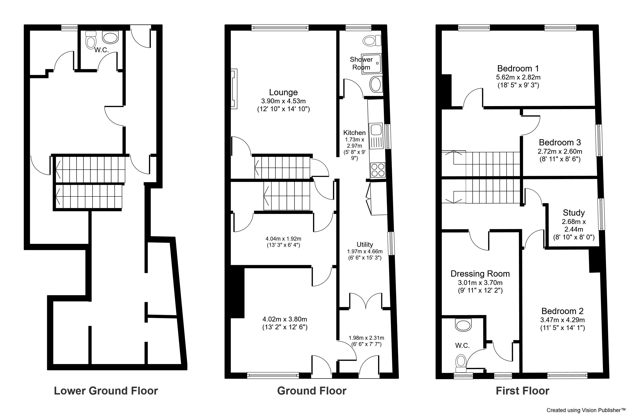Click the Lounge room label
click(x=283, y=92)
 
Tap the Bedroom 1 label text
click(x=518, y=69)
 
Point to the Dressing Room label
click(x=480, y=274)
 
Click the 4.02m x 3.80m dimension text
click(x=285, y=319)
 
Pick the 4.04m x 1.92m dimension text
click(x=283, y=239)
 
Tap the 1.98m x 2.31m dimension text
click(x=366, y=338)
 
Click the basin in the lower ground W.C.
click(x=110, y=38)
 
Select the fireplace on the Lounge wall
click(x=234, y=89)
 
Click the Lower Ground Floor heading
click(x=106, y=391)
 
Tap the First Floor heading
click(x=522, y=391)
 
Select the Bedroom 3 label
click(x=560, y=142)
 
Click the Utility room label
click(x=365, y=244)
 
